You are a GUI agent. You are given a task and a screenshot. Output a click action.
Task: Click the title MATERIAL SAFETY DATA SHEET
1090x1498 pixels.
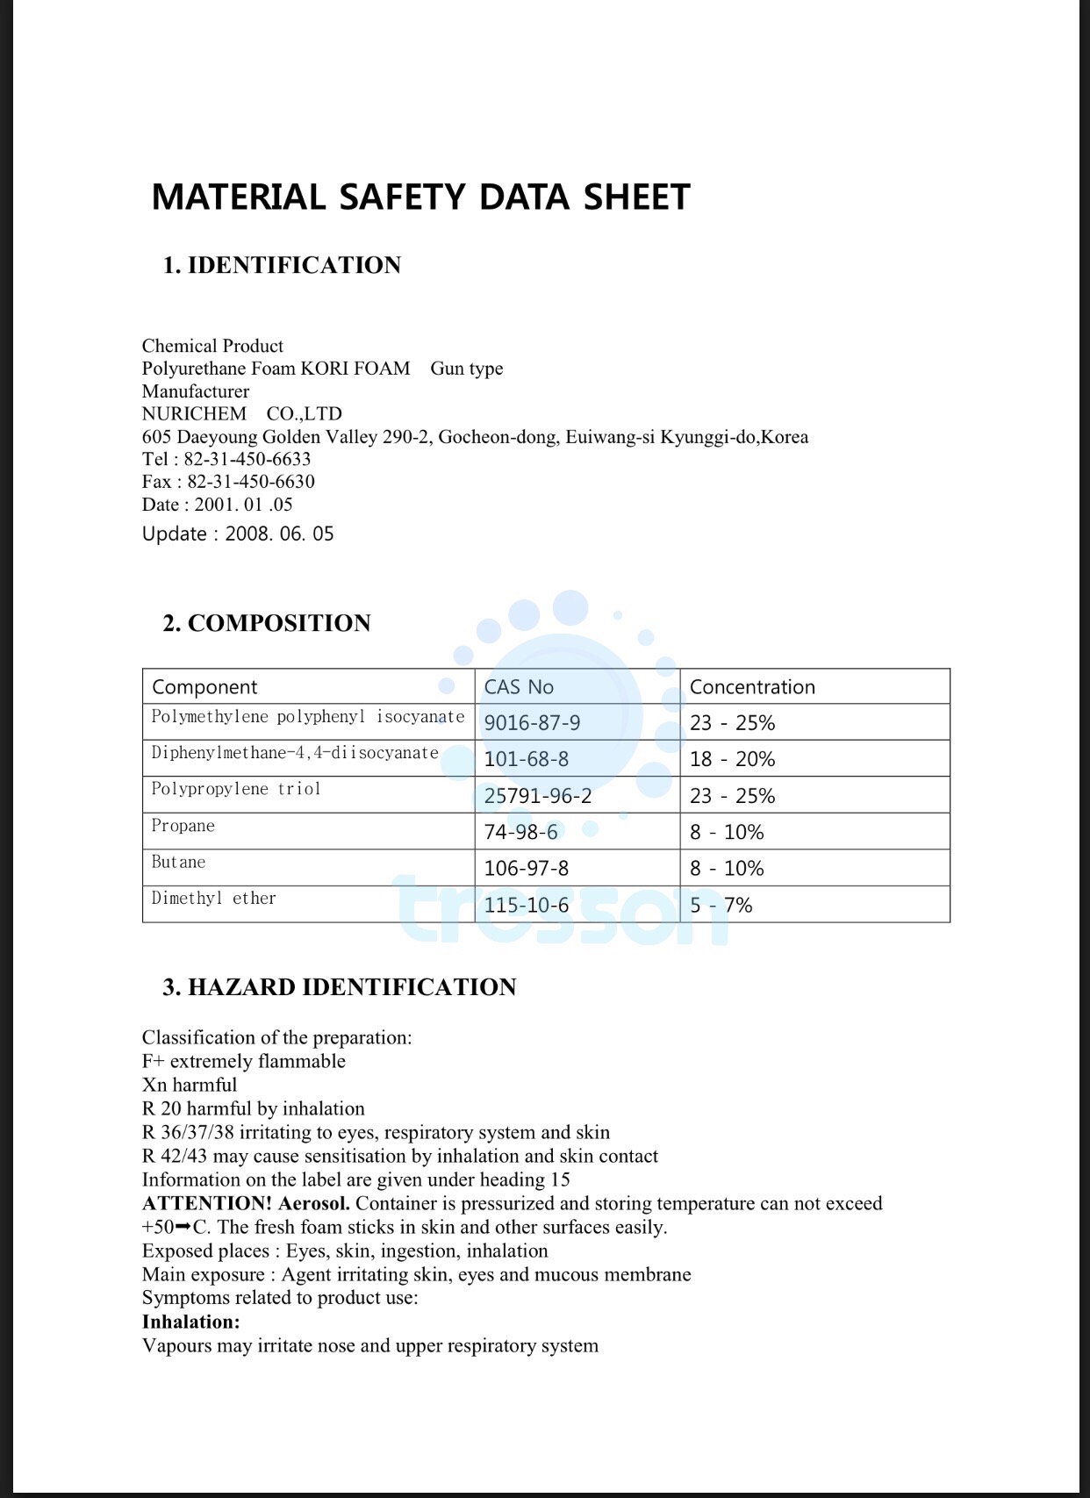[x=420, y=197]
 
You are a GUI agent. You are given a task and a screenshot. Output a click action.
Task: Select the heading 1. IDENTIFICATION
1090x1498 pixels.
[x=282, y=265]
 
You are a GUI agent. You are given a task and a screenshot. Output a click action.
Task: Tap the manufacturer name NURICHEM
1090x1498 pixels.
[x=194, y=413]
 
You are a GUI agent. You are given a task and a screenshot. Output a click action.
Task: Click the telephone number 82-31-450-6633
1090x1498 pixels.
[x=247, y=459]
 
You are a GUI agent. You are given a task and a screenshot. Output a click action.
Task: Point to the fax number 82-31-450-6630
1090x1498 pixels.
[x=250, y=482]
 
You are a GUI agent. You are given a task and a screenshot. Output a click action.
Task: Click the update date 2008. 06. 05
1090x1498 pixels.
[x=279, y=534]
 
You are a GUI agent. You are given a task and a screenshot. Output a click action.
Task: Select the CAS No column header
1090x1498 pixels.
[x=519, y=687]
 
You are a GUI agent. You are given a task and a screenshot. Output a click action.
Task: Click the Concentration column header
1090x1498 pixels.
[x=752, y=687]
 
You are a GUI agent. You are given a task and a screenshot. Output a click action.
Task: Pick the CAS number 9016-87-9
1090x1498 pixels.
[x=532, y=723]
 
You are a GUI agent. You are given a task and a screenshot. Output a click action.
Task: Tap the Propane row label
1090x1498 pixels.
[x=183, y=826]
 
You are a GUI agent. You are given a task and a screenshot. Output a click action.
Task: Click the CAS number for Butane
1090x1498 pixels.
[x=526, y=869]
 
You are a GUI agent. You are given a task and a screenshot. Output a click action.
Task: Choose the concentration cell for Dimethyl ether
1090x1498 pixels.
[x=721, y=905]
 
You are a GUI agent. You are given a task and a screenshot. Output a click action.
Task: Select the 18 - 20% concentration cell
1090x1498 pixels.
[x=732, y=759]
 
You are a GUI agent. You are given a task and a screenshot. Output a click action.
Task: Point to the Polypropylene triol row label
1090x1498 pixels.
[x=236, y=789]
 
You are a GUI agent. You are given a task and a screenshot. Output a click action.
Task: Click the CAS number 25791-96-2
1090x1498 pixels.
[x=538, y=796]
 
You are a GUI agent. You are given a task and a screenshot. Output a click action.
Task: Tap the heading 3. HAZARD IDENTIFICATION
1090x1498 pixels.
[x=339, y=987]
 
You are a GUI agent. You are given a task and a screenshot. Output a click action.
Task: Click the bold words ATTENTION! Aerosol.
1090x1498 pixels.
[x=246, y=1203]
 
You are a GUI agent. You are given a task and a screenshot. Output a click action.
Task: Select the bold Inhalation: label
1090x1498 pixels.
[x=190, y=1322]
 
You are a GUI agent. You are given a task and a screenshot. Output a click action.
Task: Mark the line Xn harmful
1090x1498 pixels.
[x=190, y=1085]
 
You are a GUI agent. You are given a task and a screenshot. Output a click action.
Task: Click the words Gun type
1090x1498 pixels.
[x=466, y=369]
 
